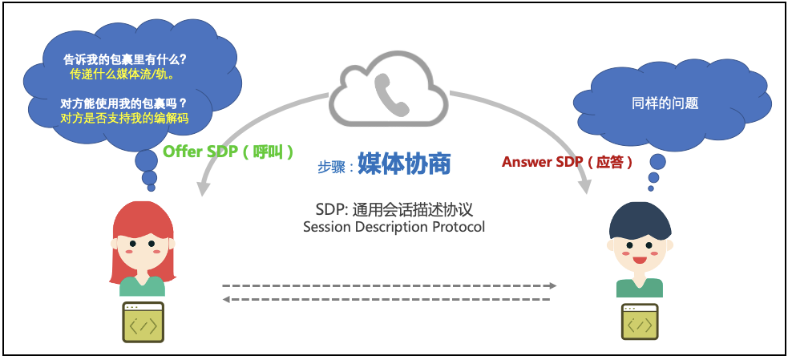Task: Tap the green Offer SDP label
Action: tap(228, 152)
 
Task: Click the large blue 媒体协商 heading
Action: tap(404, 164)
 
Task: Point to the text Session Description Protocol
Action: tap(394, 227)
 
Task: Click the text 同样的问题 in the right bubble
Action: tap(665, 103)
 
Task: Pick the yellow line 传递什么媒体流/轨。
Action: tap(122, 74)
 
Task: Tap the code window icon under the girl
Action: tap(143, 323)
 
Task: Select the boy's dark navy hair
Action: tap(638, 219)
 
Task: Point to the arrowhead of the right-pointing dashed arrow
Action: tap(552, 285)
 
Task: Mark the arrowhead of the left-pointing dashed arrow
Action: tap(226, 299)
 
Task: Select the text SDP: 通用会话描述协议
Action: tap(394, 209)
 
